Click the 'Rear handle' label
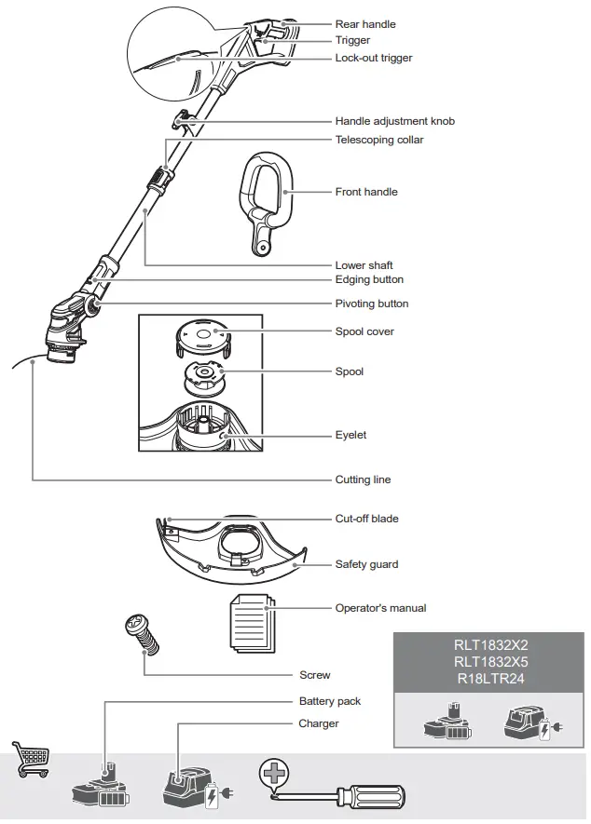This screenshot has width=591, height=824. tap(364, 24)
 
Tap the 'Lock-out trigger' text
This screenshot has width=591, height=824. tap(373, 58)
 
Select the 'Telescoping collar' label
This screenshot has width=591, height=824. tap(378, 140)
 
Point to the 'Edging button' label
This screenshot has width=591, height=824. tap(369, 279)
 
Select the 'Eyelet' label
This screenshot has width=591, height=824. tap(350, 435)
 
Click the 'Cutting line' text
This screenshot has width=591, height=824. tap(363, 480)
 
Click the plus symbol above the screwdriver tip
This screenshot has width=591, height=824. tap(274, 771)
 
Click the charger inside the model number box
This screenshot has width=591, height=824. tap(527, 724)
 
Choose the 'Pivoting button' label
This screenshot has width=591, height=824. tap(371, 304)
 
